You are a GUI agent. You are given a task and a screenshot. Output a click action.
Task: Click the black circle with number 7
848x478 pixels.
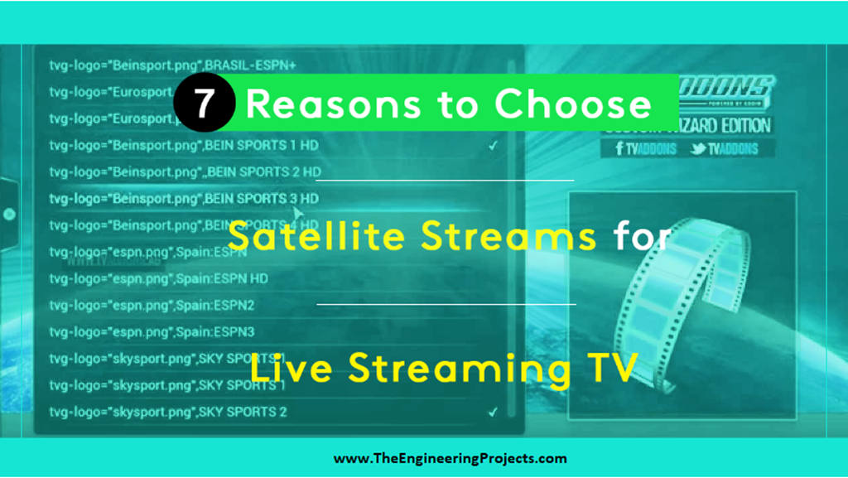coord(205,105)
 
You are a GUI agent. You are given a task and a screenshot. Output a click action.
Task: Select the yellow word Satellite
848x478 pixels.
coord(320,236)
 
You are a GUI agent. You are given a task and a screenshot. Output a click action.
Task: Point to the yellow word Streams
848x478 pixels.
coord(508,236)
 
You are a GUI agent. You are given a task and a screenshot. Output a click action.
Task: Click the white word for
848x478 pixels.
coord(642,236)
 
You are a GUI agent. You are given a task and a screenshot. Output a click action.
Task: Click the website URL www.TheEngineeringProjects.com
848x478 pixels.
coord(450,458)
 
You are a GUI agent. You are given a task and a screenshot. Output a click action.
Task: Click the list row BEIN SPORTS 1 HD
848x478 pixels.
coord(184,146)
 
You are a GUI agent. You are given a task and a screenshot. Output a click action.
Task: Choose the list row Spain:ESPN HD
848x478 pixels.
coord(158,278)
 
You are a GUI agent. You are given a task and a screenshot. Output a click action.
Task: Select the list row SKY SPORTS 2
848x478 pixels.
coord(168,412)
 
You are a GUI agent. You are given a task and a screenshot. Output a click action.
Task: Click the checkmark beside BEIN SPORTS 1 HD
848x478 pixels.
coord(493,146)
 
